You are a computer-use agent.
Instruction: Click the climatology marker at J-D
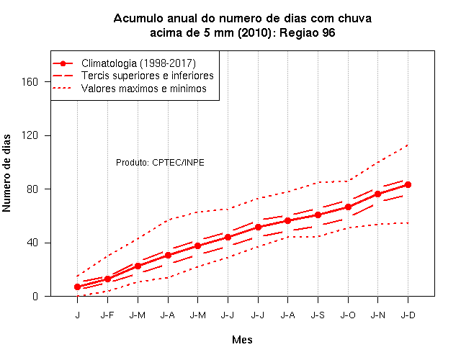pos(408,184)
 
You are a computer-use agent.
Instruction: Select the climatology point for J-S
pos(318,215)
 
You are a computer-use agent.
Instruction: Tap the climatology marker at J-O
pos(348,207)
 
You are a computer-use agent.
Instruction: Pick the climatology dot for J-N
pos(377,194)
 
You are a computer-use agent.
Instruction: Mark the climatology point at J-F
pos(107,279)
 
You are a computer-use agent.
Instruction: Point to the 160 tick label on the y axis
pos(30,81)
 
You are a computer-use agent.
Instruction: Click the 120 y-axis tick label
pos(30,135)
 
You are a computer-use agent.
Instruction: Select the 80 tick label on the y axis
pos(32,189)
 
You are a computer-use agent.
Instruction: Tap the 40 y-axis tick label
pos(32,243)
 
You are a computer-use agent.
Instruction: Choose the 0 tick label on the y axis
pos(35,296)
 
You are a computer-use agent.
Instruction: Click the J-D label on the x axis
pos(408,315)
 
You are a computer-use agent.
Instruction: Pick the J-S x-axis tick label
pos(318,315)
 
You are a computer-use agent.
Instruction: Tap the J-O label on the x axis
pos(348,315)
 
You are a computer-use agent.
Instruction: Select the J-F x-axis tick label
pos(107,315)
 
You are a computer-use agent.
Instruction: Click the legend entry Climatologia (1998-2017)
pos(138,63)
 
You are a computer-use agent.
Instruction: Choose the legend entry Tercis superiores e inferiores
pos(147,76)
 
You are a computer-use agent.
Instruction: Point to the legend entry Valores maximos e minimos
pos(144,89)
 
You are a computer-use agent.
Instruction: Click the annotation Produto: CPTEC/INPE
pos(160,163)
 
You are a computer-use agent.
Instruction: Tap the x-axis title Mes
pos(242,340)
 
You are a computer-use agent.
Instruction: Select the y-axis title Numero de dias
pos(6,174)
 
